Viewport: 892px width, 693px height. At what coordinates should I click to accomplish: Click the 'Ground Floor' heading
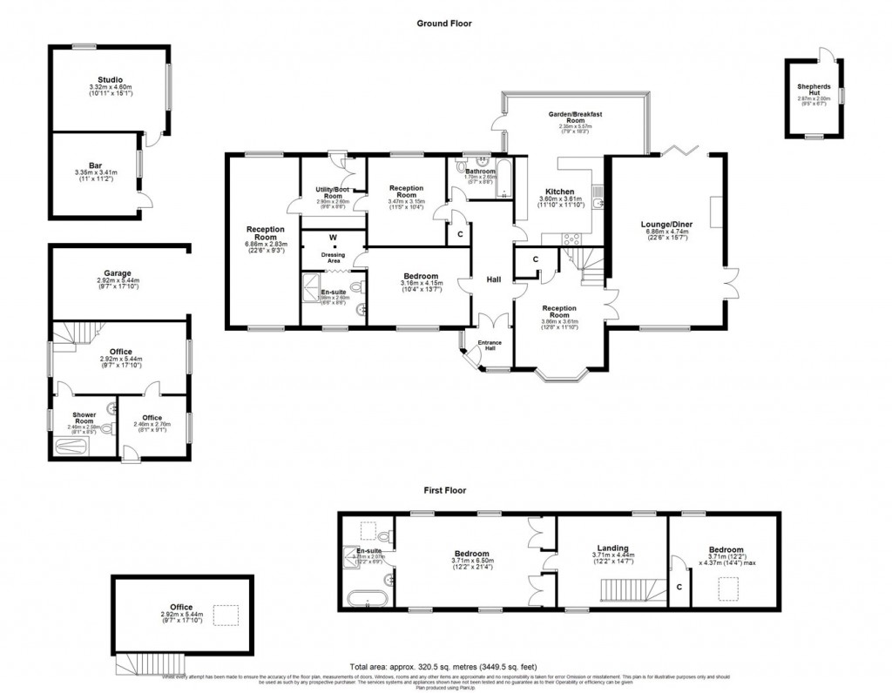[443, 24]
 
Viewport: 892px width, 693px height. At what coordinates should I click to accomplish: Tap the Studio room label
[110, 80]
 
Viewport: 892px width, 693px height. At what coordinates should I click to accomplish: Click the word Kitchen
[559, 192]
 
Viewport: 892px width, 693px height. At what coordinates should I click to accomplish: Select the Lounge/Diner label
[666, 224]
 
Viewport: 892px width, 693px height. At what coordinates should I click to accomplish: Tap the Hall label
[493, 279]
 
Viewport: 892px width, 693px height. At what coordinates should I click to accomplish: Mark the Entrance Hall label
[490, 346]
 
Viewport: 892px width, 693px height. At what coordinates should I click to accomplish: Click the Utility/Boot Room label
[328, 192]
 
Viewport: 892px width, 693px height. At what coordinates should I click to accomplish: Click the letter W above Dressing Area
[333, 237]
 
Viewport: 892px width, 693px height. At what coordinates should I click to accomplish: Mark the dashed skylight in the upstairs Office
[225, 616]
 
